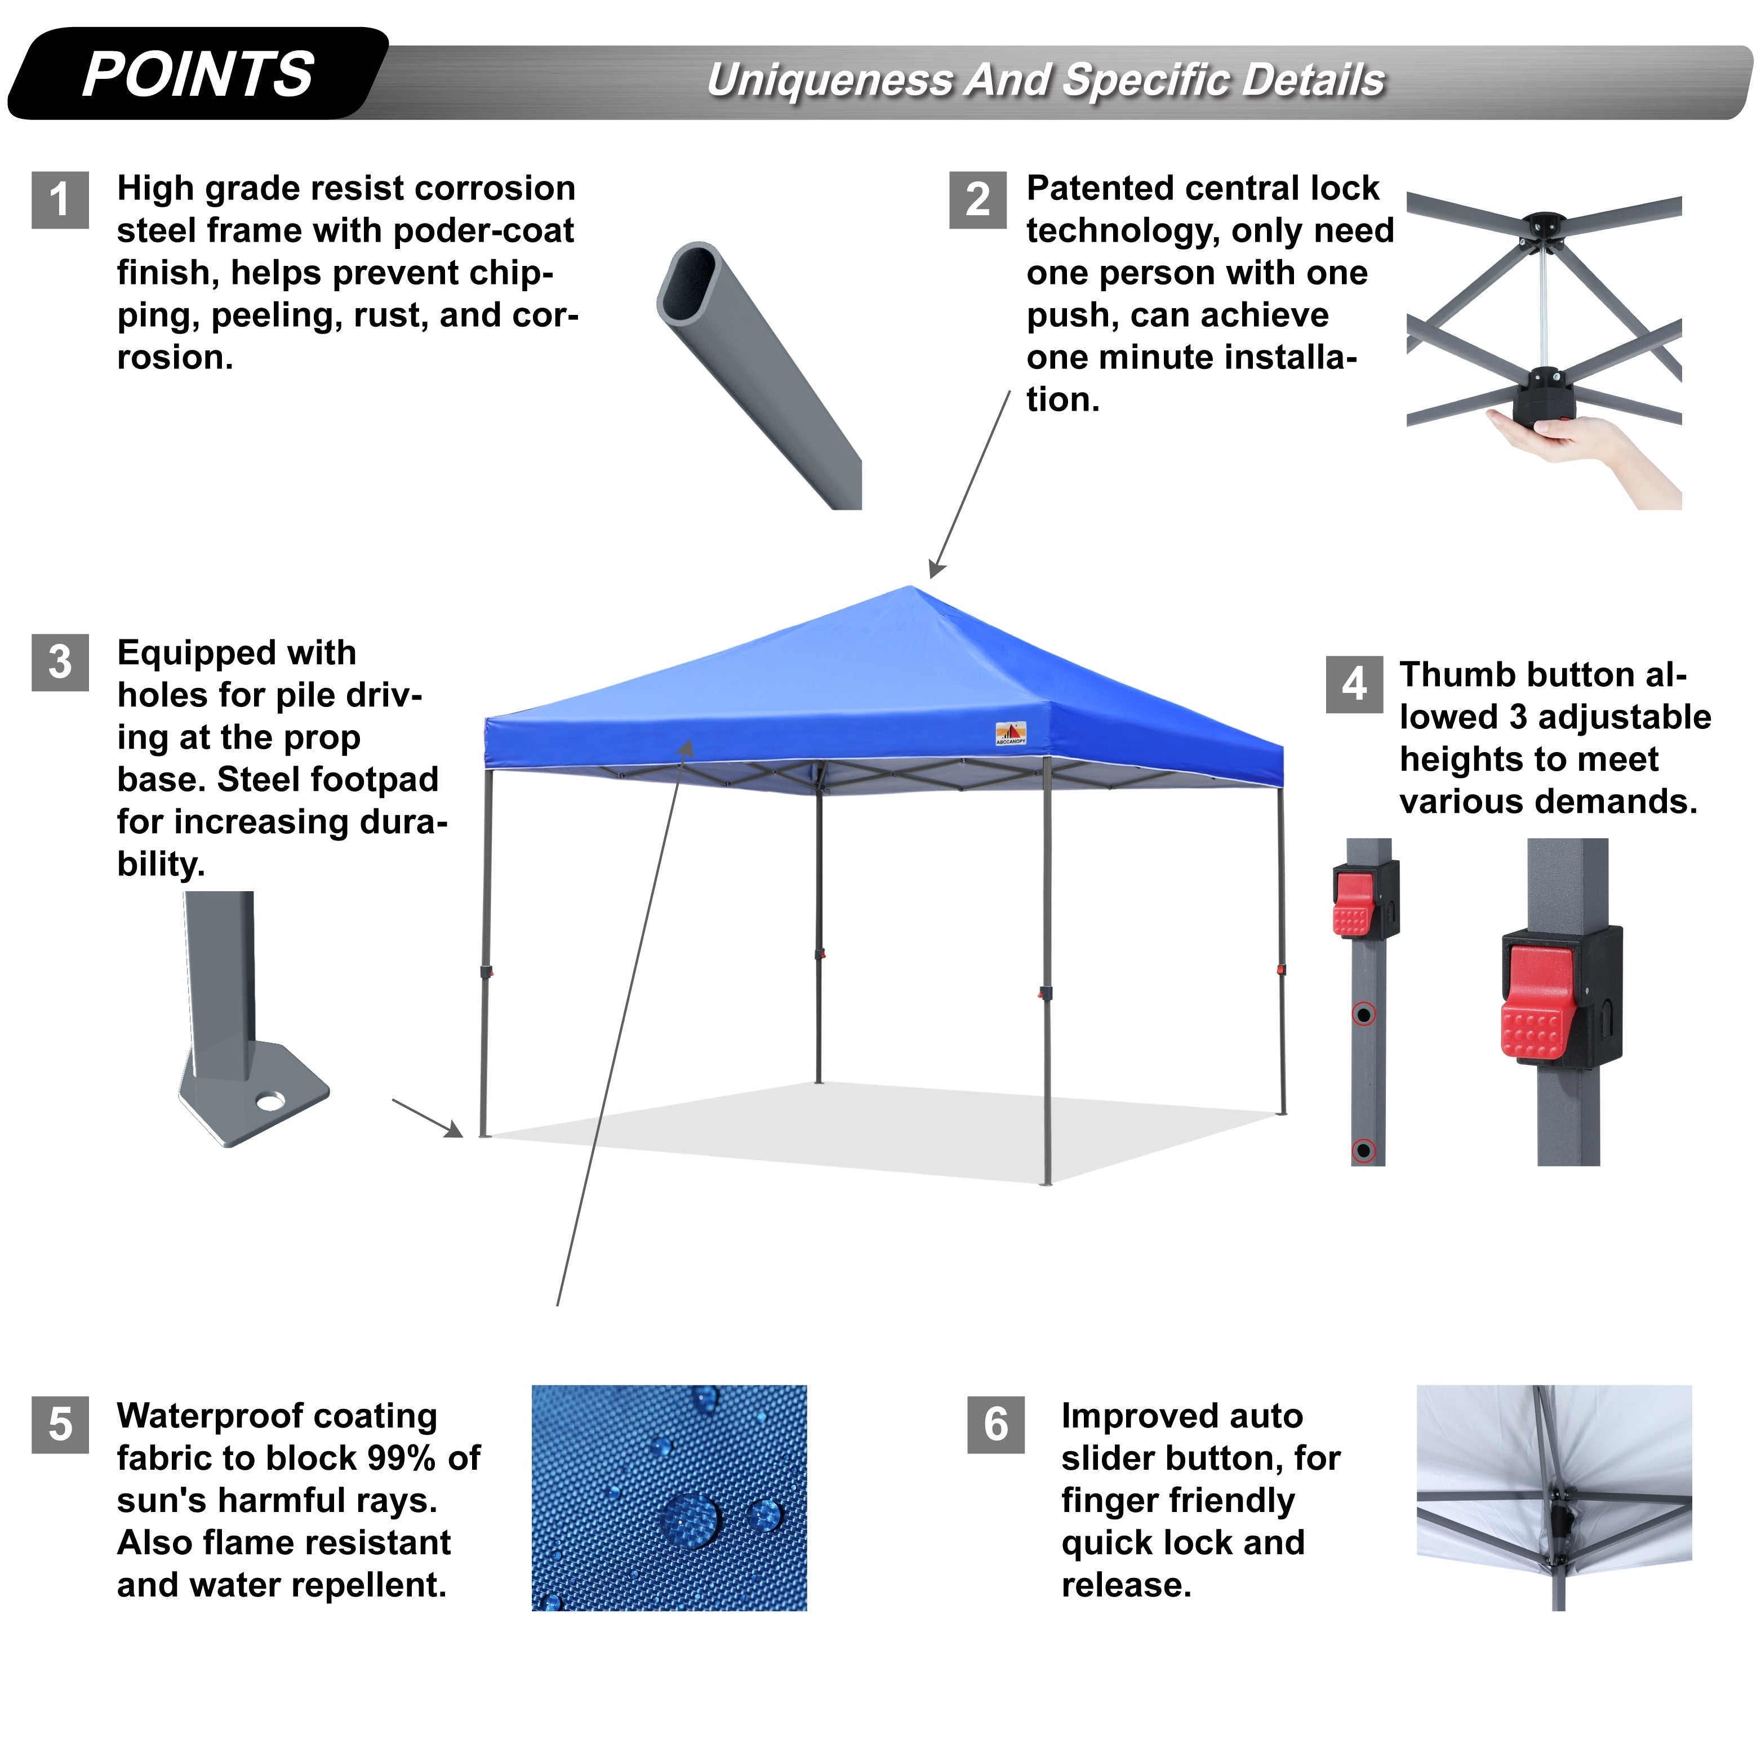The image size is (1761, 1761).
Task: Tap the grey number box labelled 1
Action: pyautogui.click(x=60, y=199)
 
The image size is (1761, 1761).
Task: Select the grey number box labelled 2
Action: pyautogui.click(x=977, y=199)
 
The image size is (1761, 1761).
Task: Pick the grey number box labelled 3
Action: pyautogui.click(x=60, y=662)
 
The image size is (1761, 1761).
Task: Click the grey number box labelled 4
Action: pyautogui.click(x=1354, y=684)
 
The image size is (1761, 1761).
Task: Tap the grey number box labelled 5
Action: pyautogui.click(x=60, y=1425)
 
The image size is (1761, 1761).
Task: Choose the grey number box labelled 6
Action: pyautogui.click(x=995, y=1425)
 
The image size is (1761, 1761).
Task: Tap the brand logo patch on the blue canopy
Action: pyautogui.click(x=1011, y=733)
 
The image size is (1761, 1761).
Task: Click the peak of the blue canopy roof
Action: pyautogui.click(x=910, y=588)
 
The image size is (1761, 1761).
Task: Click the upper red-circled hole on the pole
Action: pyautogui.click(x=1364, y=1015)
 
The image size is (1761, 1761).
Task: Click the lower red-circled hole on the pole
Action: pyautogui.click(x=1364, y=1150)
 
